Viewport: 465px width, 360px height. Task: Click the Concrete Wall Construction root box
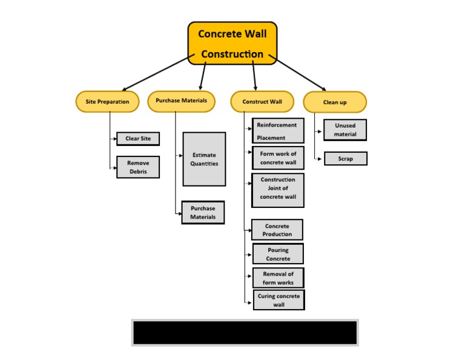[x=232, y=43]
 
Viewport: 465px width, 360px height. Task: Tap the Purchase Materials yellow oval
[x=181, y=101]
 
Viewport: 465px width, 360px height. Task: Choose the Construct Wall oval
[x=262, y=102]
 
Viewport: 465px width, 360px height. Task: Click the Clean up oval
[x=335, y=102]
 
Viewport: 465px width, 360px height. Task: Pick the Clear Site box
[x=138, y=139]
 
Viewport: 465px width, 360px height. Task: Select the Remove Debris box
[x=138, y=167]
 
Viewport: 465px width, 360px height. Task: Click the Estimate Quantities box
[x=204, y=159]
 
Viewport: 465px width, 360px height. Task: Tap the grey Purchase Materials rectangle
[x=203, y=213]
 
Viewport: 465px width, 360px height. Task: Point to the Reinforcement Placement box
[x=278, y=131]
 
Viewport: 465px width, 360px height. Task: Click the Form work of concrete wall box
[x=278, y=158]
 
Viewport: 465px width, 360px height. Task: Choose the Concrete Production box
[x=277, y=230]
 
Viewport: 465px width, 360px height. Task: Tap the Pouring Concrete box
[x=278, y=254]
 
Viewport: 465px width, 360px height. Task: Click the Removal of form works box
[x=278, y=278]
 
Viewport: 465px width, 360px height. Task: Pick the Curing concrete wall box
[x=279, y=300]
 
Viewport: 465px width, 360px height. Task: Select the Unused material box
[x=345, y=130]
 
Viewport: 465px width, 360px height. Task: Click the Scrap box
[x=345, y=159]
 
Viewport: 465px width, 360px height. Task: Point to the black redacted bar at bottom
[x=245, y=333]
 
